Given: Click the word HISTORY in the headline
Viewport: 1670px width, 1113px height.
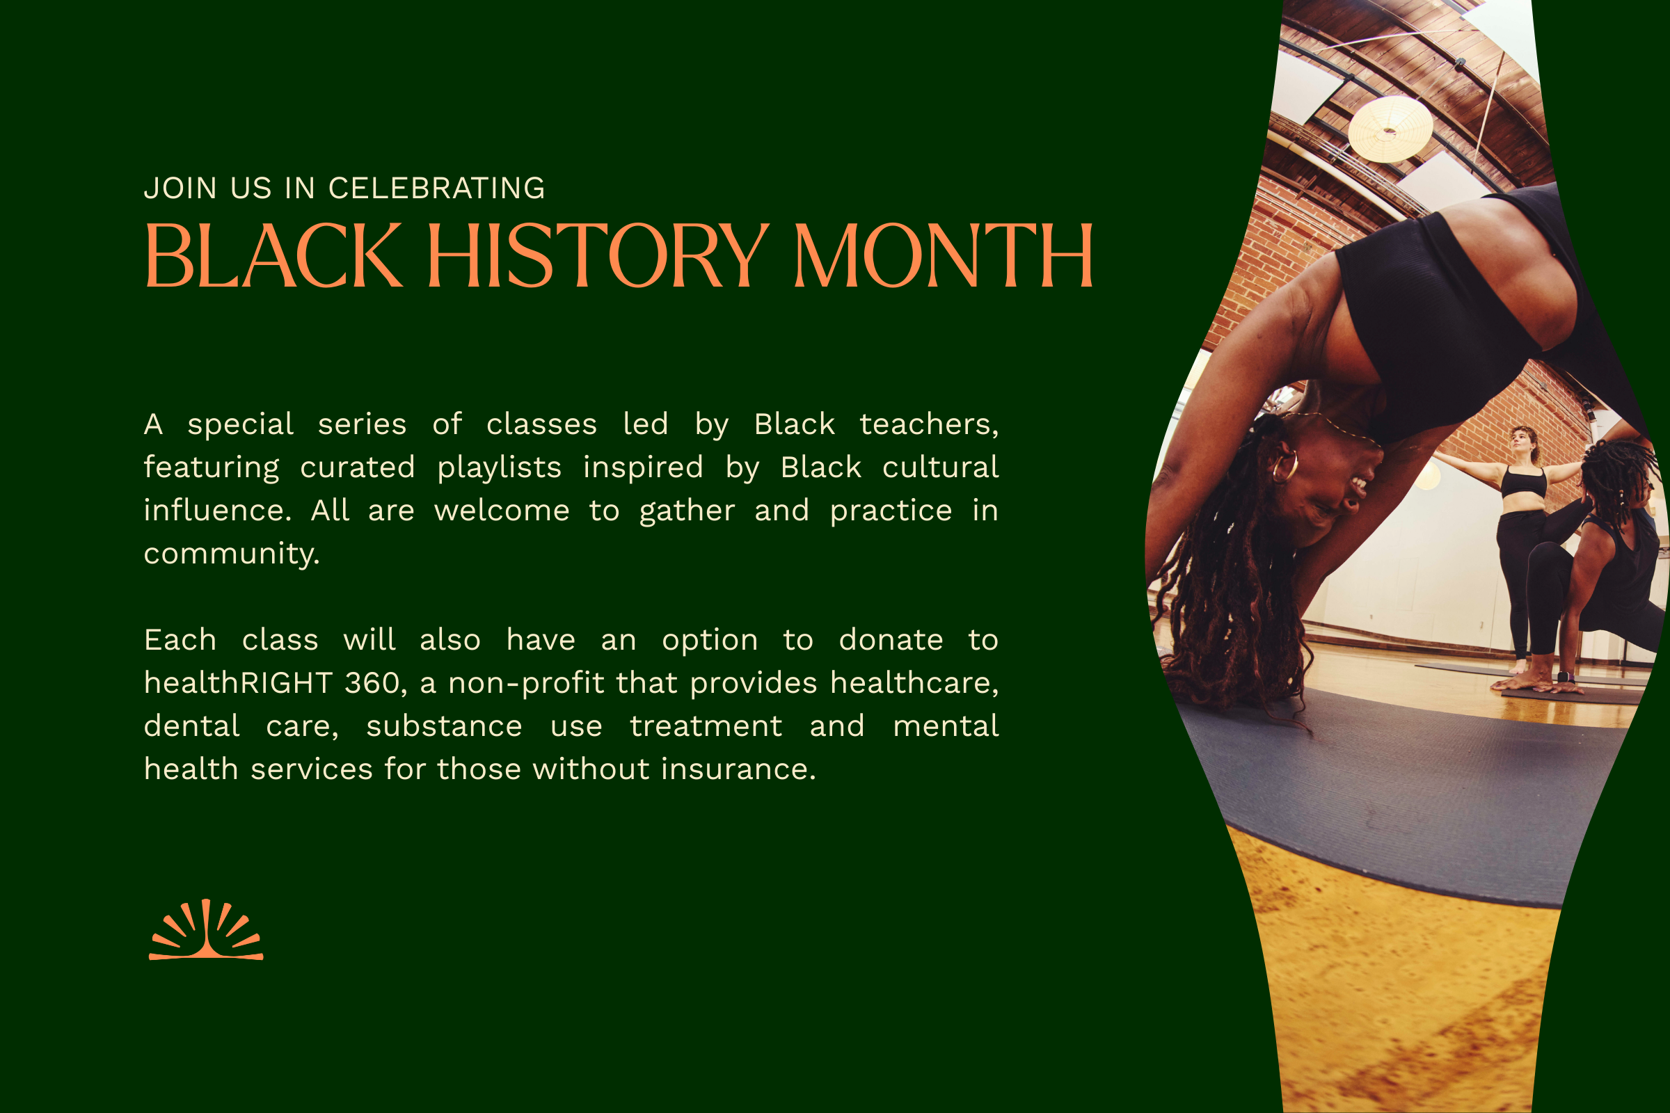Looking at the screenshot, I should [x=596, y=255].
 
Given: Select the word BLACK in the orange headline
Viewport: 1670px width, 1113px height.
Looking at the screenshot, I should [x=273, y=255].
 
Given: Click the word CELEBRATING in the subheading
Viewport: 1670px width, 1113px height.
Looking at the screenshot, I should [x=437, y=189].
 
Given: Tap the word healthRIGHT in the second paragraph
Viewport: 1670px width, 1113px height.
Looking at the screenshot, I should [x=238, y=683].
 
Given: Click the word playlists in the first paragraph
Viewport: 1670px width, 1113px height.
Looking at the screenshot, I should [x=499, y=467].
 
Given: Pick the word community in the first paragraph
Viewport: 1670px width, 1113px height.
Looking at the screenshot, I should [x=232, y=554].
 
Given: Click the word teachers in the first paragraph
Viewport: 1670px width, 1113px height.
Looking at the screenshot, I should [x=928, y=424].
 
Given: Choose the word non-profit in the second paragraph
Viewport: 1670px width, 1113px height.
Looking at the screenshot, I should [x=525, y=683].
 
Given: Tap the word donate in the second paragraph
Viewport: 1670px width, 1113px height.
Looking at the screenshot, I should [x=891, y=640].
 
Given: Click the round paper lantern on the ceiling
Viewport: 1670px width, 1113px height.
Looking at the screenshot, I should [x=1390, y=129].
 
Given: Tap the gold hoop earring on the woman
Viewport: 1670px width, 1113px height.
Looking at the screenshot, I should [x=1285, y=466].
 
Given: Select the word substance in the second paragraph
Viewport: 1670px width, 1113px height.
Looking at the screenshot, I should [x=444, y=726].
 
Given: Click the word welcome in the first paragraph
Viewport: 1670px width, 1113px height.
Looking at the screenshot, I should [x=501, y=511].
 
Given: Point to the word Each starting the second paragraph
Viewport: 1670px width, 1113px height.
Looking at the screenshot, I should [x=180, y=640].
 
